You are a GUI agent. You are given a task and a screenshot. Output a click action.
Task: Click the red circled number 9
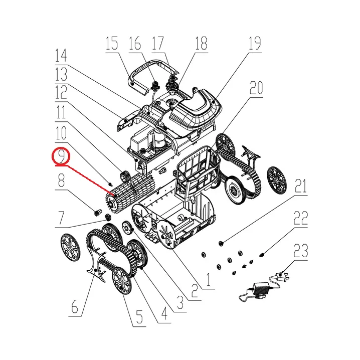[61, 156]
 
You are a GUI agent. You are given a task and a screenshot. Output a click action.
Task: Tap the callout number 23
[300, 251]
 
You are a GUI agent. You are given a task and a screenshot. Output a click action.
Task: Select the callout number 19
[255, 44]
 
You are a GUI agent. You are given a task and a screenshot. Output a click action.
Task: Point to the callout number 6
[75, 306]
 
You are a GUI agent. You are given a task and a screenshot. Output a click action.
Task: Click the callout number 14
[61, 56]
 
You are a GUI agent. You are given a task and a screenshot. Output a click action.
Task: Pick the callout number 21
[300, 186]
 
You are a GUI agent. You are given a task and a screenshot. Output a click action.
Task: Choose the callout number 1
[208, 279]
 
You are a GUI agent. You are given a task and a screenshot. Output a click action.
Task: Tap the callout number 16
[135, 43]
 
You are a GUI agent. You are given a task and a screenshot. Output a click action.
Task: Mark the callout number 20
[256, 88]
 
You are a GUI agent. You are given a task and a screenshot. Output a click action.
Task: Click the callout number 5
[139, 317]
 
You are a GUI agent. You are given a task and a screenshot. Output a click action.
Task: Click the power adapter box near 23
[259, 288]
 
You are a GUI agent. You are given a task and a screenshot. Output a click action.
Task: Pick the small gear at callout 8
[98, 213]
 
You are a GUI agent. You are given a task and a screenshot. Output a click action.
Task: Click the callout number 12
[61, 92]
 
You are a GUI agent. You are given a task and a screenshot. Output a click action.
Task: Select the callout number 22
[300, 218]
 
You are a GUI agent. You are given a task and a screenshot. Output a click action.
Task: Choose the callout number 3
[180, 302]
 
